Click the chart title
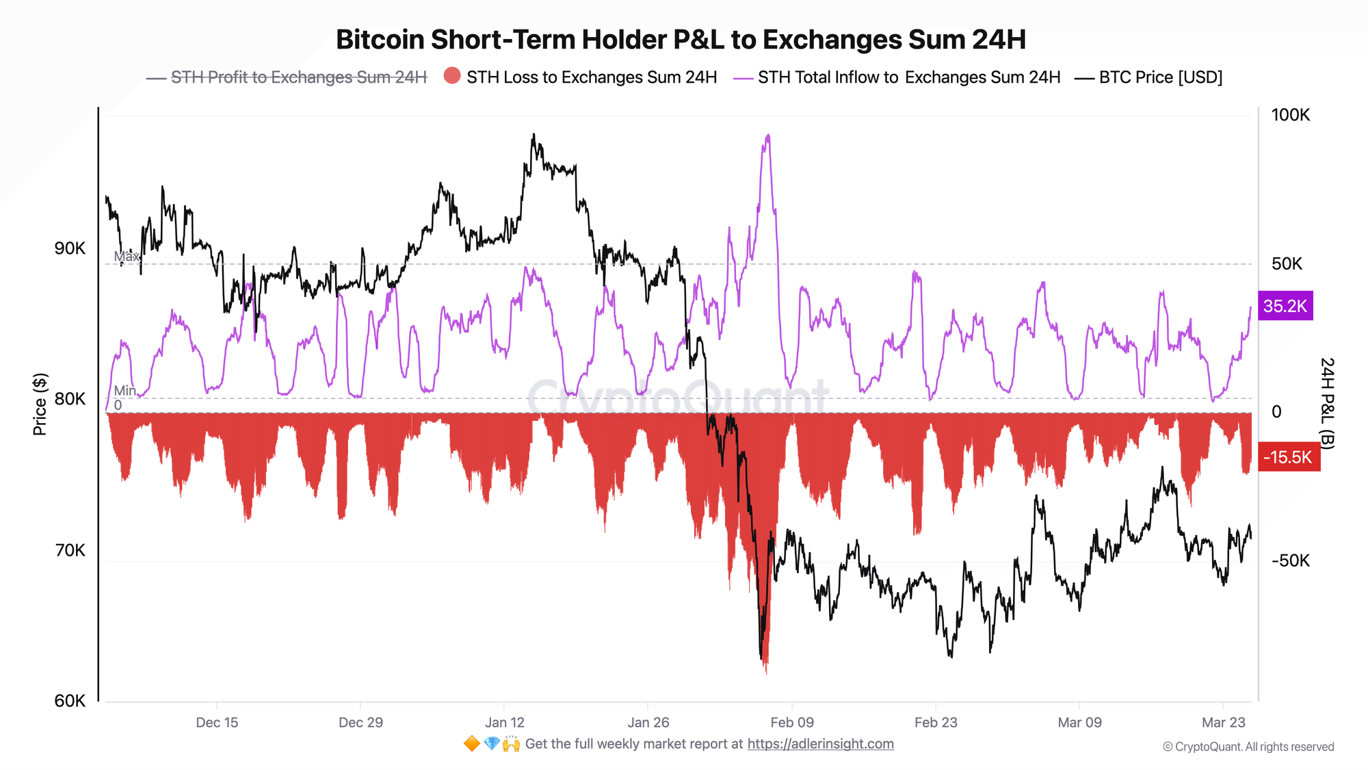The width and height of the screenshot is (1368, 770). click(x=681, y=40)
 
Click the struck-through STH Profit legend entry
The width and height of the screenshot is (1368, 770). click(x=298, y=77)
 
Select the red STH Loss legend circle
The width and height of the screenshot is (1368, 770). click(x=452, y=76)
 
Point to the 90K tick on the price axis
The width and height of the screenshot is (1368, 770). click(x=70, y=248)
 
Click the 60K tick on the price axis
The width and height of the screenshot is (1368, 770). click(x=70, y=701)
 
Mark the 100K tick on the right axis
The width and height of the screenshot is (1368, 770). click(x=1290, y=115)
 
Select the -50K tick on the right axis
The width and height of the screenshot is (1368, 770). click(x=1290, y=561)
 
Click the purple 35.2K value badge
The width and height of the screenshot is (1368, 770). click(x=1285, y=306)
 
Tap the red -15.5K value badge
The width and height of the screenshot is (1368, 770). click(x=1288, y=457)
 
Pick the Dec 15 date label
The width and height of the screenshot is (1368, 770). click(x=217, y=723)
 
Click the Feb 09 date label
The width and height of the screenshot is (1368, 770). click(x=792, y=723)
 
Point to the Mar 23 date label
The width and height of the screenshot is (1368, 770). click(x=1224, y=723)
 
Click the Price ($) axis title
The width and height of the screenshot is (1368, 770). click(x=40, y=405)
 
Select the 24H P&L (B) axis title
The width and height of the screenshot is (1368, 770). click(x=1327, y=403)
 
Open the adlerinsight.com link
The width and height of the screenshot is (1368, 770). click(x=820, y=744)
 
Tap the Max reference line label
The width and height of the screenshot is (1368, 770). click(x=127, y=257)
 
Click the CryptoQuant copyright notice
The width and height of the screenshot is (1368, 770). click(x=1248, y=747)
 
